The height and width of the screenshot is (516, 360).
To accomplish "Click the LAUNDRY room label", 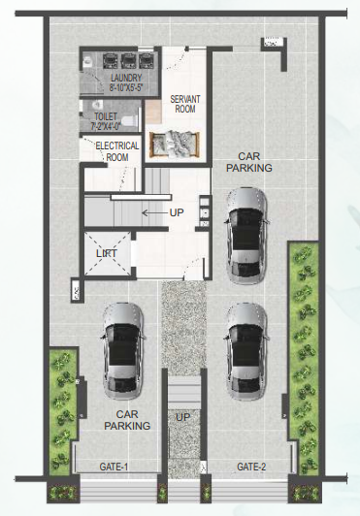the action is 126,78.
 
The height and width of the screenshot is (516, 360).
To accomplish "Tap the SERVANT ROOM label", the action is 185,104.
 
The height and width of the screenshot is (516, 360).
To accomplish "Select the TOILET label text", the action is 106,116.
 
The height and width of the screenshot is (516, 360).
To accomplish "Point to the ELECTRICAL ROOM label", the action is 117,151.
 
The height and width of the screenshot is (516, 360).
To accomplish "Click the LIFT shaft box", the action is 108,253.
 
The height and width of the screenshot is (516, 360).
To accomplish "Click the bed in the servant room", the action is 175,145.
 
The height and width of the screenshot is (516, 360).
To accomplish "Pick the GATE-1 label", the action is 114,467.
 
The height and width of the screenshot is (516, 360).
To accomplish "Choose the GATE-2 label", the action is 251,467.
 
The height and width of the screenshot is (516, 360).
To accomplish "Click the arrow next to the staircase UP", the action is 155,213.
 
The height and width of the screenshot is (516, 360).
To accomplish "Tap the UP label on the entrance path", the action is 182,417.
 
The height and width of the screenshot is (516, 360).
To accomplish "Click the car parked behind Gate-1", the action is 123,351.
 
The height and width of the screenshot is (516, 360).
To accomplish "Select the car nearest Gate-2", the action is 245,351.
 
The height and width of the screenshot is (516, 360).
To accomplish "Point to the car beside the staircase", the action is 245,236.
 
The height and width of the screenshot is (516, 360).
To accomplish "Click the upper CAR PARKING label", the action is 249,162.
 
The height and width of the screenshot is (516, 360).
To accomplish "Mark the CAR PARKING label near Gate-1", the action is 127,420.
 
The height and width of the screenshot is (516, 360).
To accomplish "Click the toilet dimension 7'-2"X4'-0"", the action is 106,126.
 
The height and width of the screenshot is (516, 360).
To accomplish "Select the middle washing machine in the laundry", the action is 128,61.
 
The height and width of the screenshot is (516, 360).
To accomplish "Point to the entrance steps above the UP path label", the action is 184,393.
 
